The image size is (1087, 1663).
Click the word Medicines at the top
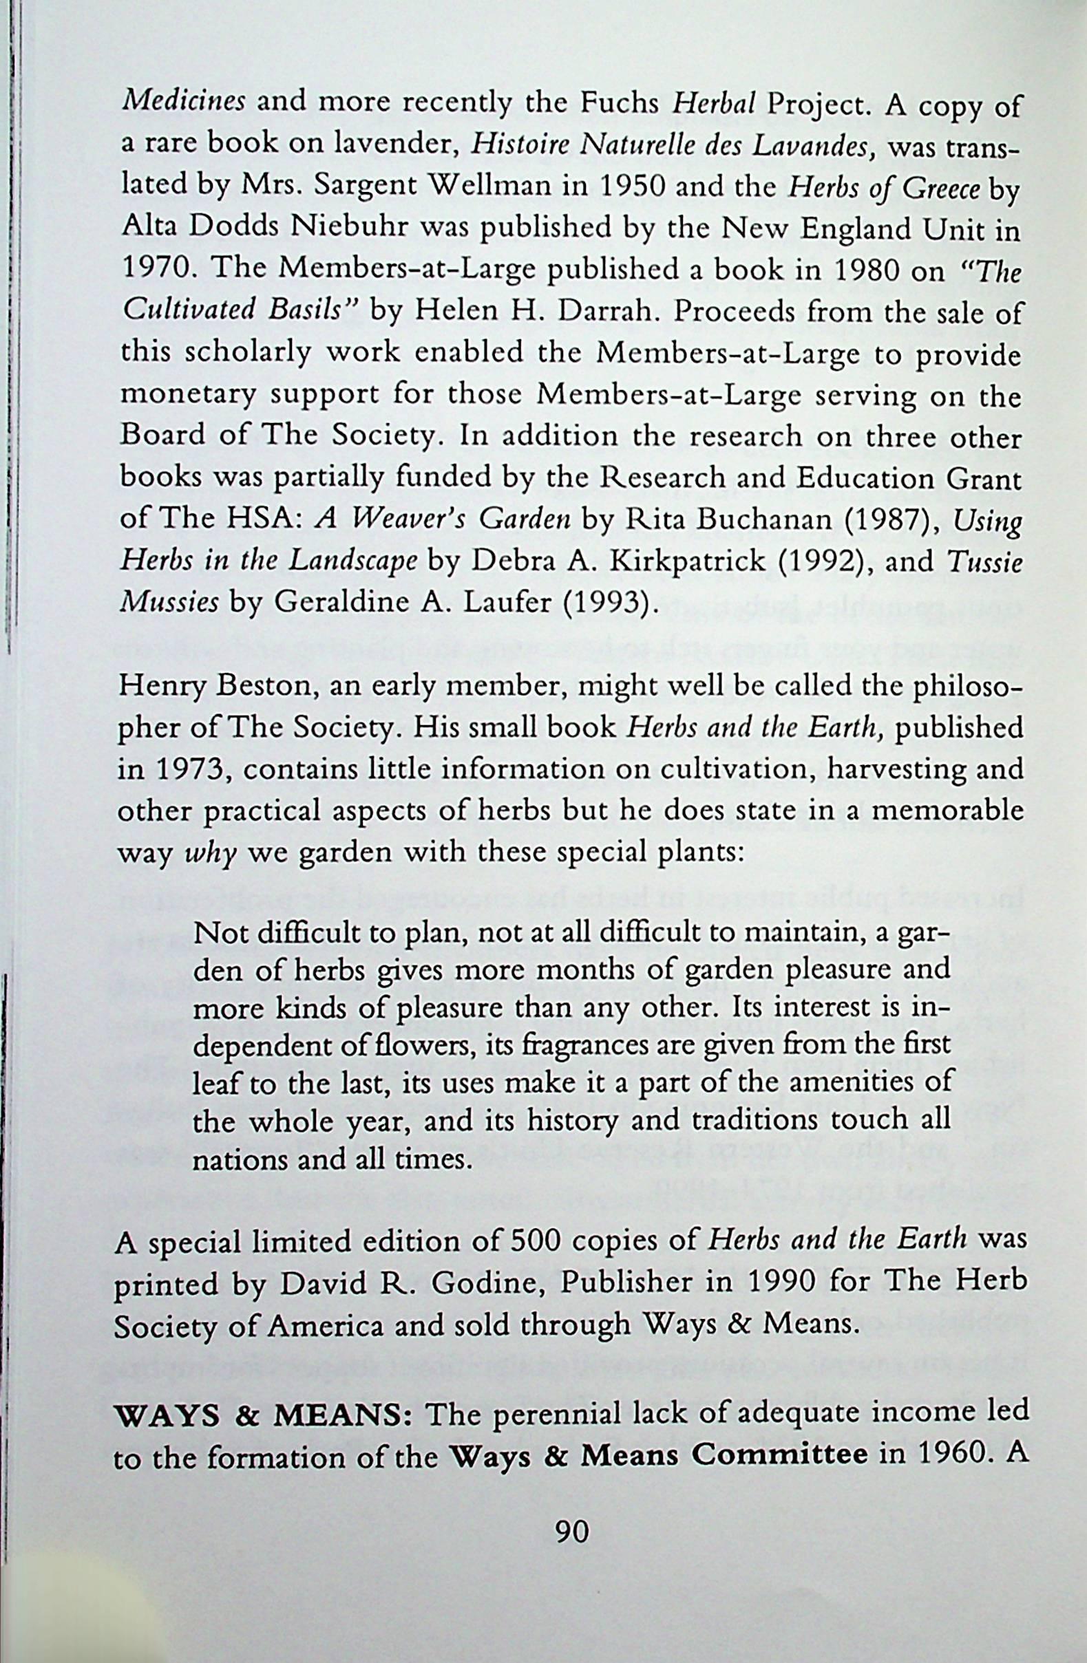(183, 104)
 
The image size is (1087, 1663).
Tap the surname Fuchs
(626, 104)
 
